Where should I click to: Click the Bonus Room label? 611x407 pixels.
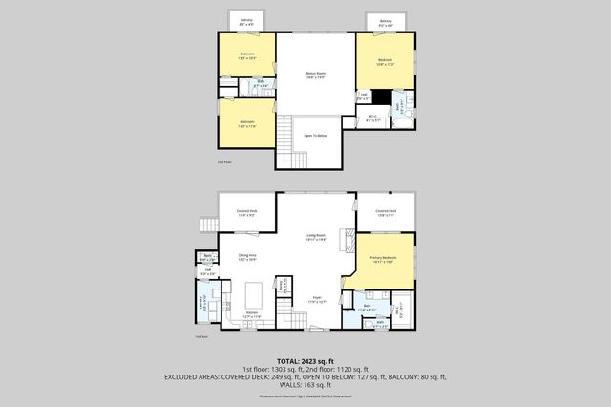click(x=315, y=73)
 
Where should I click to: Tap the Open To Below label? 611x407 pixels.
click(x=315, y=136)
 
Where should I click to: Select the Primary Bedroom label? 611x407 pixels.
click(x=383, y=259)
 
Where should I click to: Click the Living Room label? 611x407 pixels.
click(x=315, y=235)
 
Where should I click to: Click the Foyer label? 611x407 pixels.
click(x=315, y=299)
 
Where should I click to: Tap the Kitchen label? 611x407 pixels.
click(x=252, y=314)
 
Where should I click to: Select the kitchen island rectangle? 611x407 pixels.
click(x=254, y=290)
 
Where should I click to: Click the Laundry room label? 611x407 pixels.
click(x=202, y=305)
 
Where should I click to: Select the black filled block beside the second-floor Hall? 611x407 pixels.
click(x=382, y=96)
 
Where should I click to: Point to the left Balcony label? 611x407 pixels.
click(x=246, y=21)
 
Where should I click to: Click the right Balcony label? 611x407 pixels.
click(x=385, y=21)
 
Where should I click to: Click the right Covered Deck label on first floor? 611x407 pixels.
click(x=385, y=212)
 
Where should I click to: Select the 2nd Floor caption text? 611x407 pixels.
click(x=225, y=163)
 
